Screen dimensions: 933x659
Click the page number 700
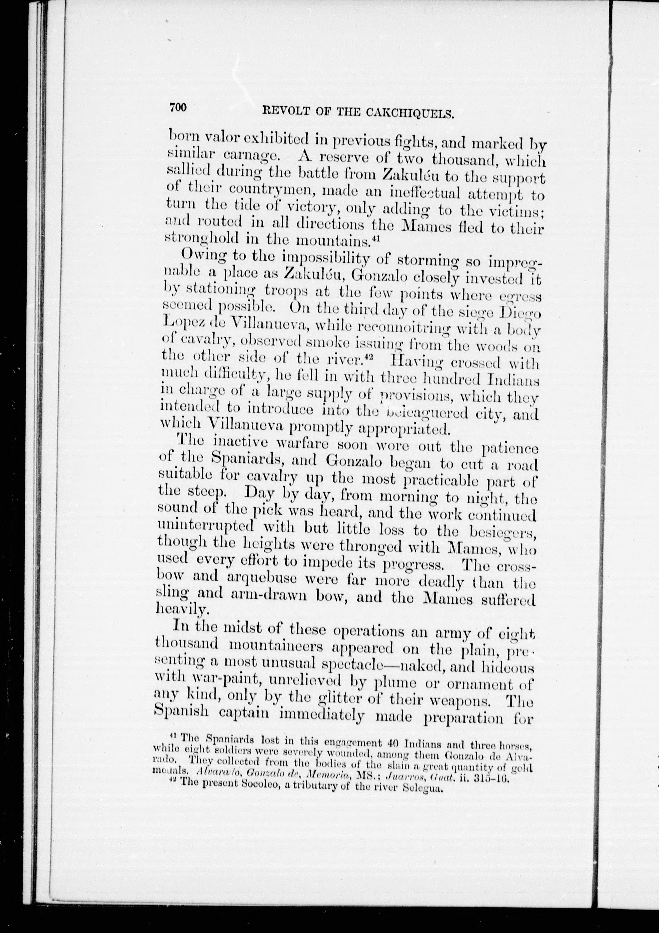click(x=178, y=107)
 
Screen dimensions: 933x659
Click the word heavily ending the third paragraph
click(x=177, y=609)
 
